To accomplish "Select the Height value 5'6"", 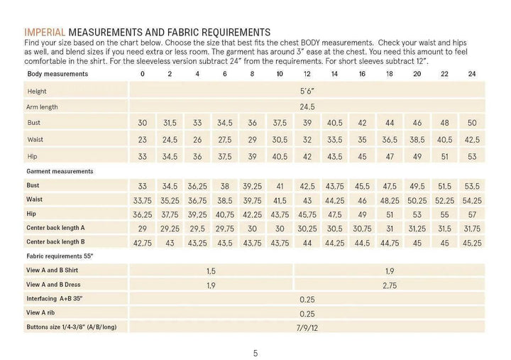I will (x=307, y=92).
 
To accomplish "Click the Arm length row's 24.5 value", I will (x=307, y=107).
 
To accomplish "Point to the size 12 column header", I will (x=307, y=74).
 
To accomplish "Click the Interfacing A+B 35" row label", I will (x=55, y=298).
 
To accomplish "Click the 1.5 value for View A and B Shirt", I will (x=211, y=271).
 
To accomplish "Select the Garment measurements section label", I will (x=60, y=171).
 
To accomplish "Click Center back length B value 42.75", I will (x=142, y=241).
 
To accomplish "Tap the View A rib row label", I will (x=45, y=312).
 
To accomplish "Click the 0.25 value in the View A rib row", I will (x=307, y=312).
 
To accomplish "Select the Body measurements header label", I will (x=57, y=74).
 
